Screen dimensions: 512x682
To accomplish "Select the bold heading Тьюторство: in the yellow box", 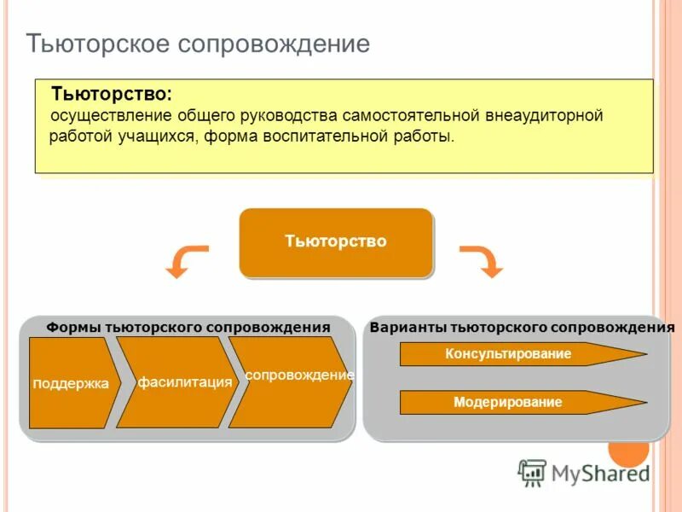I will click(x=111, y=93).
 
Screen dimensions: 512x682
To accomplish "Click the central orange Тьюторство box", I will click(x=336, y=242).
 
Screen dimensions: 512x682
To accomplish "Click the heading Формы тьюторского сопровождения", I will click(x=188, y=327).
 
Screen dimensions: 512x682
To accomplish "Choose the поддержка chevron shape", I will click(x=72, y=383).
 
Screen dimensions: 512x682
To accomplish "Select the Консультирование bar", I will click(x=511, y=354).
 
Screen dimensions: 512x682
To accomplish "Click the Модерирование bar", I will click(x=511, y=402).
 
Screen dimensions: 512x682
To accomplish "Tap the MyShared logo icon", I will click(x=532, y=472).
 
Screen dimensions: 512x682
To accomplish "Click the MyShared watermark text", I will click(x=600, y=473).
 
